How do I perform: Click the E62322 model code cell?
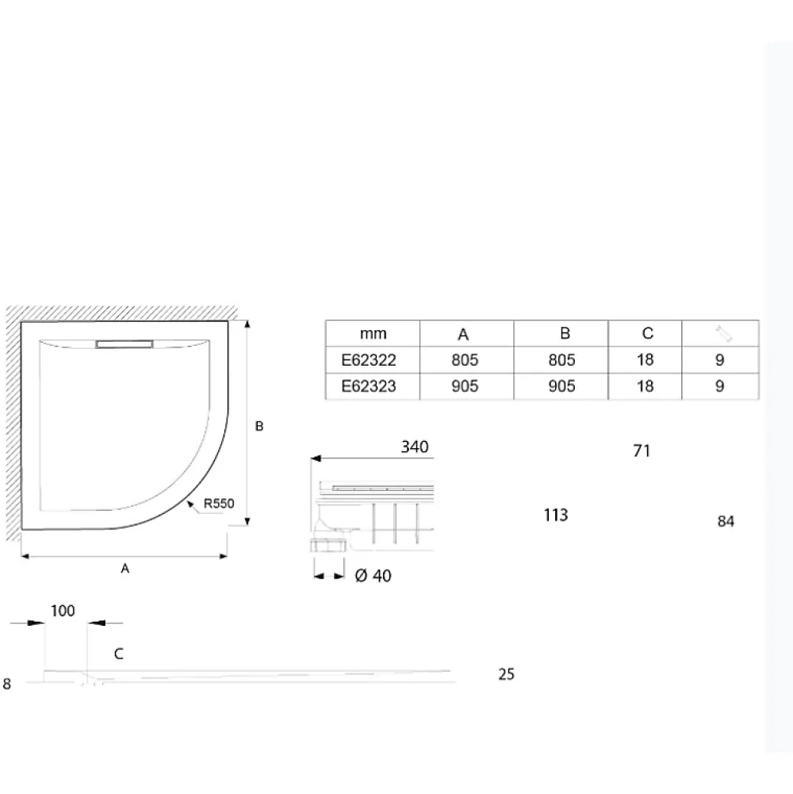point(369,360)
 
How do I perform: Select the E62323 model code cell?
point(369,386)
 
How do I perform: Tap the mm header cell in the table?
point(374,334)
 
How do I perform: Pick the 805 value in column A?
point(465,360)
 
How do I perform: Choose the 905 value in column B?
point(561,386)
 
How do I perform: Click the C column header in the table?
point(647,333)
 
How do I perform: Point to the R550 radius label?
point(219,504)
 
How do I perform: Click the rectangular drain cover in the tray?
point(124,344)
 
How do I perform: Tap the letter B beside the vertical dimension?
point(259,427)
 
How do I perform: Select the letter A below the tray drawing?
point(125,569)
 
